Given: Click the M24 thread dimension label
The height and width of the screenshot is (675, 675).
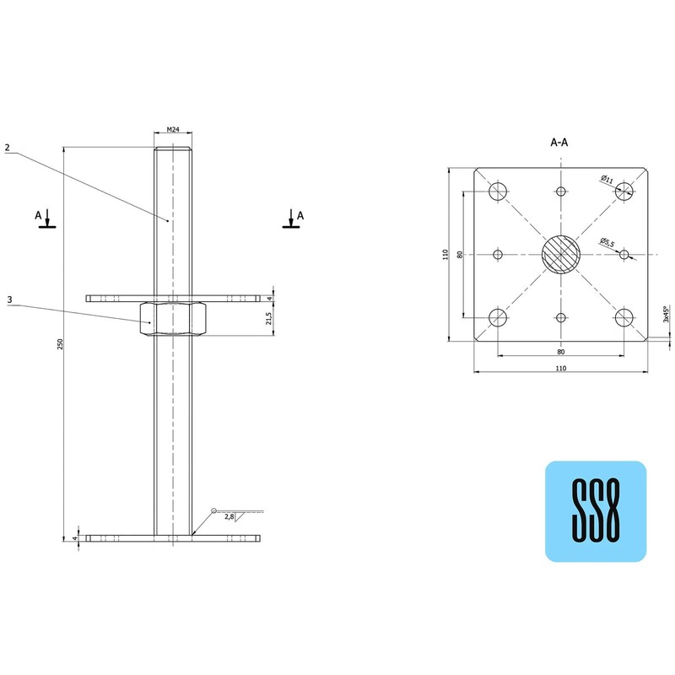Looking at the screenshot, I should tap(172, 129).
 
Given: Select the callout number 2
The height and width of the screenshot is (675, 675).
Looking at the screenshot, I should tap(7, 148).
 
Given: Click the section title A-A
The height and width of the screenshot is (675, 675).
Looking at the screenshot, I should tap(559, 143).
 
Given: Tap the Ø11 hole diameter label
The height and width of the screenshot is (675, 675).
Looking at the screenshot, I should tap(607, 179).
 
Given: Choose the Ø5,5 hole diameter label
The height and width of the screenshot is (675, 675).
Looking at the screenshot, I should tap(607, 242).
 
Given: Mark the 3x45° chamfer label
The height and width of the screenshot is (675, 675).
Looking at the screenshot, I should tap(666, 314).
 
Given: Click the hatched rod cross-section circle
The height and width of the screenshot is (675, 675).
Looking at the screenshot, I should tap(561, 254).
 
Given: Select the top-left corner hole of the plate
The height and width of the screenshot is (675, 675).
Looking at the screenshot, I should tap(498, 190).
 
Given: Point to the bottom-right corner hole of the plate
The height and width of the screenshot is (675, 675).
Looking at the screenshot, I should tap(624, 317).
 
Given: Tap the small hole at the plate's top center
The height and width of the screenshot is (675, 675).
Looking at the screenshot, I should tap(561, 191).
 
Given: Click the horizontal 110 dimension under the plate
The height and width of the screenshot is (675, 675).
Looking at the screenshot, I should tap(560, 369).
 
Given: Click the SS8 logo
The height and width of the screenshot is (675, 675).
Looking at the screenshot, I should tap(596, 511).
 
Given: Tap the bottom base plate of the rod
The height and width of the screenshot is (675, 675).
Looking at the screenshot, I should tap(172, 537).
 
